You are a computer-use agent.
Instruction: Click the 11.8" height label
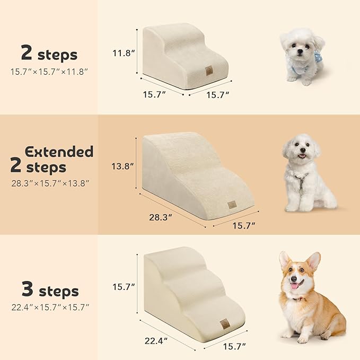(122, 53)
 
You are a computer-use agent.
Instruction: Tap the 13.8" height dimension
(124, 166)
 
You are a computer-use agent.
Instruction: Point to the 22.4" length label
(157, 339)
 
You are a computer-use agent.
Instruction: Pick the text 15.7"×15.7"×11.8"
(48, 71)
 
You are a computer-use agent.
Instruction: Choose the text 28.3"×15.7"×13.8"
(48, 183)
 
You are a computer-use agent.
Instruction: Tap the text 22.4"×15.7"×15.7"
(48, 307)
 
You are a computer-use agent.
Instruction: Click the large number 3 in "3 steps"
(27, 289)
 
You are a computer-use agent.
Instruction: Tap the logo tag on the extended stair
(232, 204)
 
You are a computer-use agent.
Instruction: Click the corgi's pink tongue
(294, 286)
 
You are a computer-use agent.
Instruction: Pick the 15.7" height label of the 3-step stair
(123, 287)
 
